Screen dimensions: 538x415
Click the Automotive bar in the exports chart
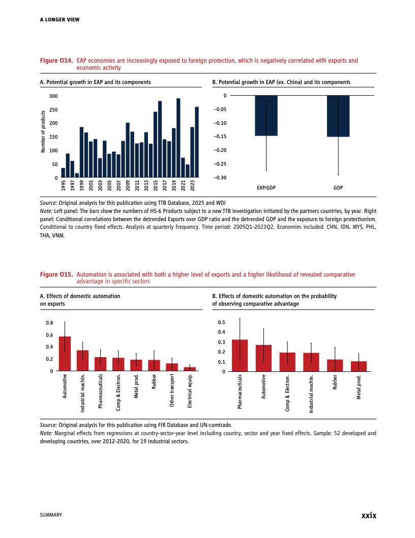65,354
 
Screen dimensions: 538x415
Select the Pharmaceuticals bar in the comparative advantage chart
240,356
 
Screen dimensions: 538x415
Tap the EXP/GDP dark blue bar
266,116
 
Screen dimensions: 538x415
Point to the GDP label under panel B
338,188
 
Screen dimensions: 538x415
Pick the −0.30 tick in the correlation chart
219,177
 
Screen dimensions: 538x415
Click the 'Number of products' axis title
43,132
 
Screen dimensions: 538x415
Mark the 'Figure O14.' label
56,61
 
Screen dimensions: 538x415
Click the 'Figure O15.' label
56,275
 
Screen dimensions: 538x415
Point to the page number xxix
368,515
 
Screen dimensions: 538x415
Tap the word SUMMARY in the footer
51,516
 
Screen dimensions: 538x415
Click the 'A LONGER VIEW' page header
60,20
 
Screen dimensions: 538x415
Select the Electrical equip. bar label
190,390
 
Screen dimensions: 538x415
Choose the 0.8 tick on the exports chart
49,323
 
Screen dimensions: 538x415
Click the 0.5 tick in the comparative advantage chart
221,322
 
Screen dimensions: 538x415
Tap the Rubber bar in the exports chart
154,365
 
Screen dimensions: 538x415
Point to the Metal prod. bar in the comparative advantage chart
359,366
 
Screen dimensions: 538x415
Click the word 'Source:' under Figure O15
48,424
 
